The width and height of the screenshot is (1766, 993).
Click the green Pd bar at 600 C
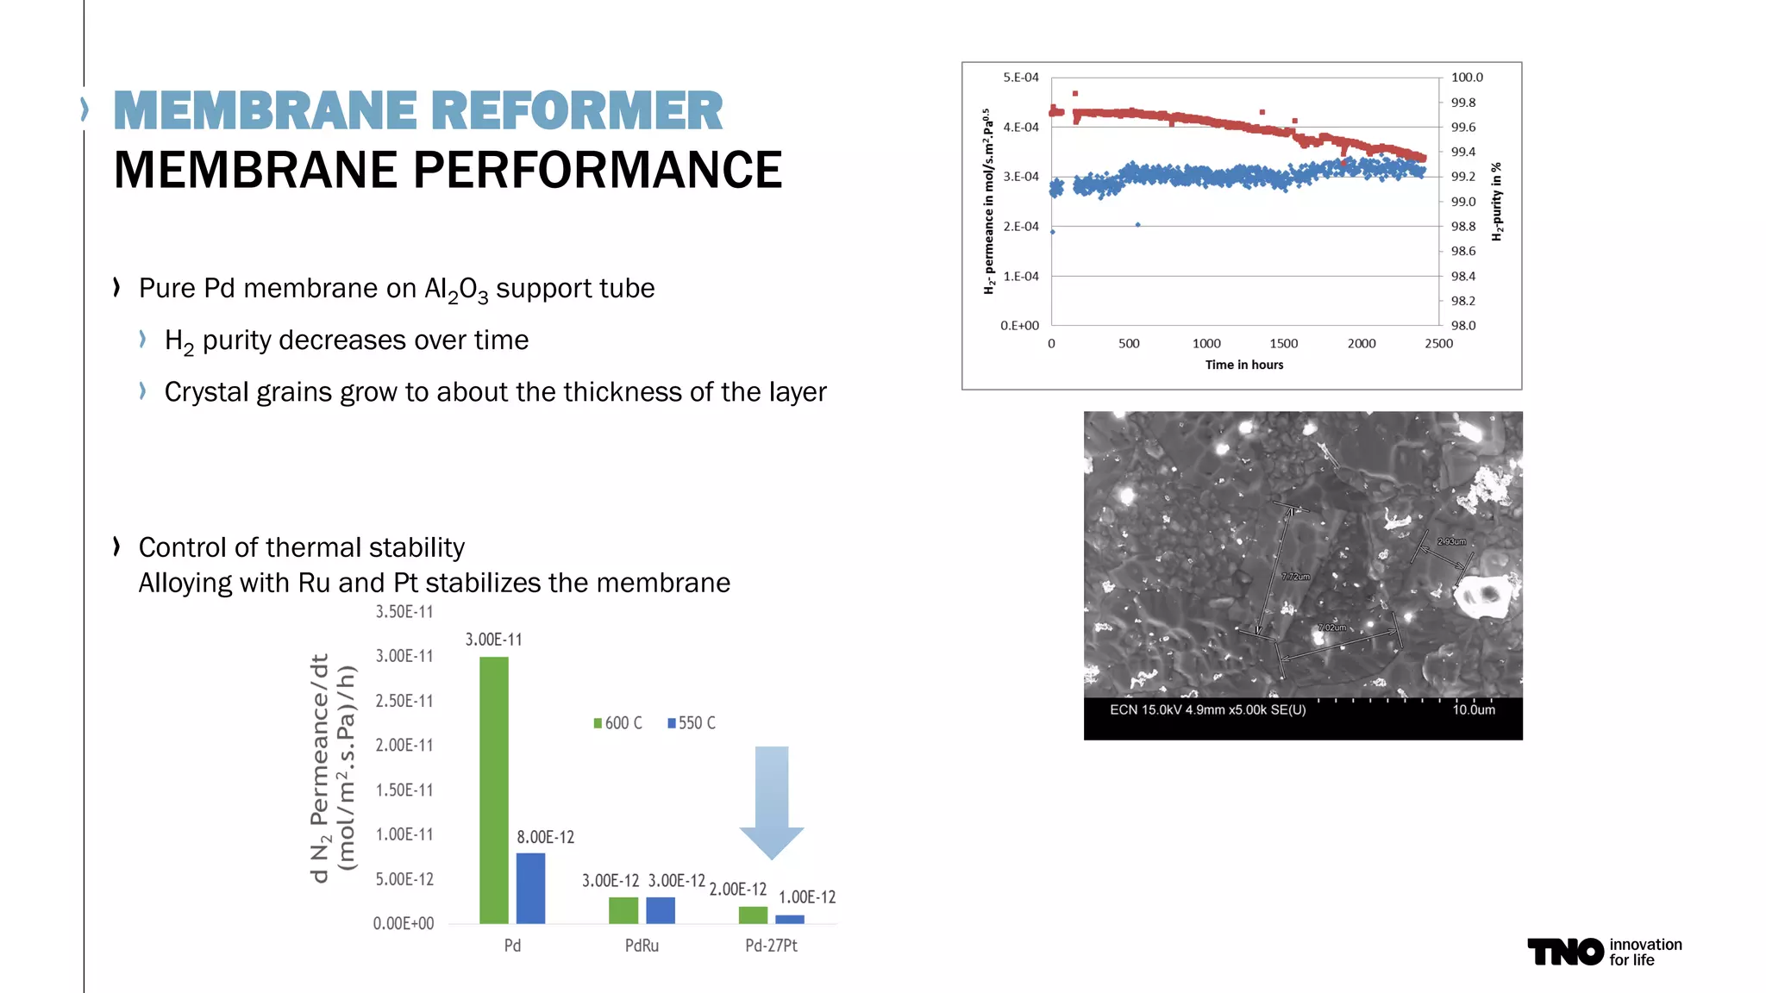click(494, 790)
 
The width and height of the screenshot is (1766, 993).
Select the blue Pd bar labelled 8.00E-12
click(530, 888)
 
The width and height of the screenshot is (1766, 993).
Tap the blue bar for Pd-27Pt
click(789, 919)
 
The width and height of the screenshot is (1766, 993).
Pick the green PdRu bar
click(623, 910)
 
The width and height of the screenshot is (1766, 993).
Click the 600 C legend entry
click(617, 723)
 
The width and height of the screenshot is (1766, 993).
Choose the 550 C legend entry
click(692, 723)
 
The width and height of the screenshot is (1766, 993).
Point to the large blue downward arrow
click(772, 802)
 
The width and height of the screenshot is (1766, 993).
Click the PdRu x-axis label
click(642, 946)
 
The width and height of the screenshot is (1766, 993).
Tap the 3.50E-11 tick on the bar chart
click(404, 612)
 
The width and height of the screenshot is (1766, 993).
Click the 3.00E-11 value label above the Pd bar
click(493, 640)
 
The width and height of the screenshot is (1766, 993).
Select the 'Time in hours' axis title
click(1243, 365)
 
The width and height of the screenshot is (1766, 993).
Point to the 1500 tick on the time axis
click(1283, 343)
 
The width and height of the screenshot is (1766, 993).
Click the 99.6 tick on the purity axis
click(1462, 127)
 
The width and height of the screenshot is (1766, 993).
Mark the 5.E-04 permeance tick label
click(1021, 78)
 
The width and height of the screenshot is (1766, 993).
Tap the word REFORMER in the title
click(576, 111)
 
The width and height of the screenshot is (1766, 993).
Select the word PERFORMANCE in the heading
click(597, 170)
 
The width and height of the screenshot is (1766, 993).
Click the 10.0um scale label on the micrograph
click(1474, 709)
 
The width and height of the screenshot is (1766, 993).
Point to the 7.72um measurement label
click(1295, 576)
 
